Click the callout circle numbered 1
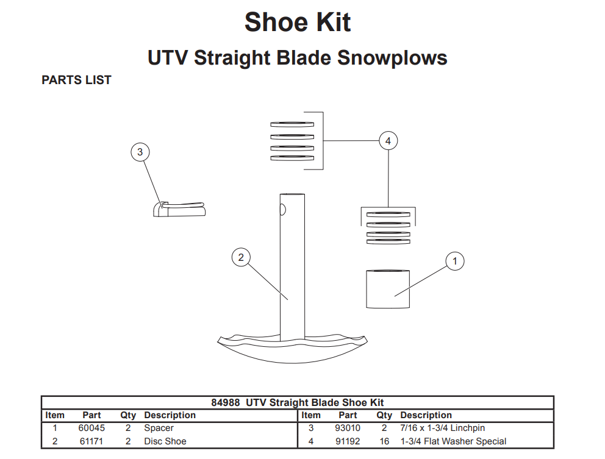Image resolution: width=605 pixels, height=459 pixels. click(454, 262)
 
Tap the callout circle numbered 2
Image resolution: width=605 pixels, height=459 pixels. click(241, 258)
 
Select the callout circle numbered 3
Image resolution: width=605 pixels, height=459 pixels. click(140, 152)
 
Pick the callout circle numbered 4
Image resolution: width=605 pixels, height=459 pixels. click(388, 141)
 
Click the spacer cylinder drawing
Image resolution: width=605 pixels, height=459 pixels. click(387, 289)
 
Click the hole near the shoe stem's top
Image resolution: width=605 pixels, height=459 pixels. click(282, 210)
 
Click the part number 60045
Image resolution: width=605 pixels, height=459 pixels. click(91, 429)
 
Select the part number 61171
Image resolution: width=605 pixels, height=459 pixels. click(91, 441)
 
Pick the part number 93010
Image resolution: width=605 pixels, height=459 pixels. click(348, 429)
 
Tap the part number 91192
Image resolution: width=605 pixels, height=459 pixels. click(348, 441)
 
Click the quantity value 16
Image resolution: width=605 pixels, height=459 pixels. click(384, 441)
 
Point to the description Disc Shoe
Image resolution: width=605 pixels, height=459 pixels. click(165, 441)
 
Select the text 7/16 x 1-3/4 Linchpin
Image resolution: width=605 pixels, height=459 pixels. click(442, 429)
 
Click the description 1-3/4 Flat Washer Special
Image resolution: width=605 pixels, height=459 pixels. click(453, 441)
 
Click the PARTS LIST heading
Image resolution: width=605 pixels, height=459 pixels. click(76, 80)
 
